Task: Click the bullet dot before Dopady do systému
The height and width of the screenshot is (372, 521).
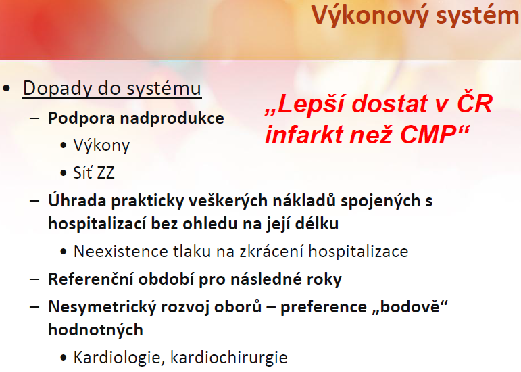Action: tap(6, 89)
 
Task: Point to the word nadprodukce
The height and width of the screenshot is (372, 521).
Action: tap(172, 118)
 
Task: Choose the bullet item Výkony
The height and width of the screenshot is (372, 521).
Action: tap(101, 146)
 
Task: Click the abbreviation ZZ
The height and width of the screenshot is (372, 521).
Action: tap(104, 173)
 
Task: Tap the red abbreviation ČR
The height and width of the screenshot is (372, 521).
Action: tap(474, 103)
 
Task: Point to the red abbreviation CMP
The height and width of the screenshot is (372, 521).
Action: tap(428, 135)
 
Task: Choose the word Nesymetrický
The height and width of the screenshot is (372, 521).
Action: tap(102, 307)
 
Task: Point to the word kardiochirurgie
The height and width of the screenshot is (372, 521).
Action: tap(229, 358)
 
